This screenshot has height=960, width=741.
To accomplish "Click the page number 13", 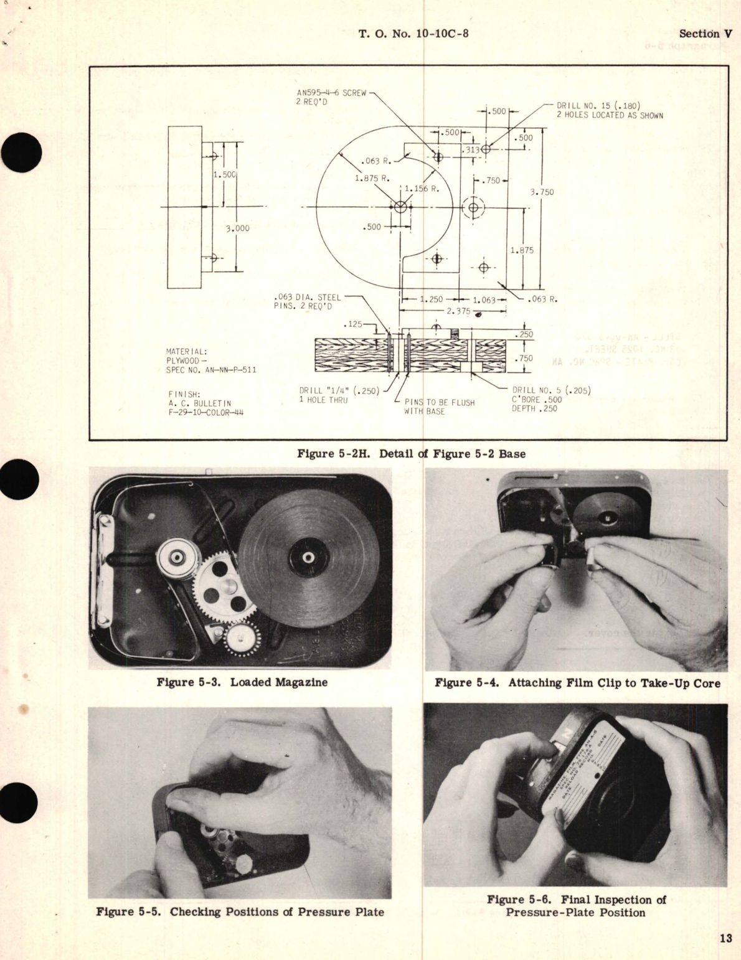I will [x=725, y=938].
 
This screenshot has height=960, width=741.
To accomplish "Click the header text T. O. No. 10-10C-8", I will [x=413, y=34].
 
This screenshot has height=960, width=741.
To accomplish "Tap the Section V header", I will [x=705, y=34].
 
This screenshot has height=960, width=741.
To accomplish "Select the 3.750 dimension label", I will [x=542, y=192].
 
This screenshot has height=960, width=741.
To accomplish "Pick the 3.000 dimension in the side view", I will [x=237, y=228].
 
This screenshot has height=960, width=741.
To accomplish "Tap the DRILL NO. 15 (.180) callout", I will [x=609, y=110].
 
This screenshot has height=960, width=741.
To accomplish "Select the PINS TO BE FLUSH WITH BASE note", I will [x=440, y=407].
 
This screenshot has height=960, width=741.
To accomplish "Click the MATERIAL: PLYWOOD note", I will [x=210, y=360].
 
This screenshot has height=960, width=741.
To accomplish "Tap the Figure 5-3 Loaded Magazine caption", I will [x=242, y=682].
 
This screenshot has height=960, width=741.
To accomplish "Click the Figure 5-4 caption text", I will [x=577, y=683].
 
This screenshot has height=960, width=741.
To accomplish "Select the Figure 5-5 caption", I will [x=240, y=912].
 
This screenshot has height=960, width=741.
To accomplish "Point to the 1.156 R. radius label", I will [x=422, y=189].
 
